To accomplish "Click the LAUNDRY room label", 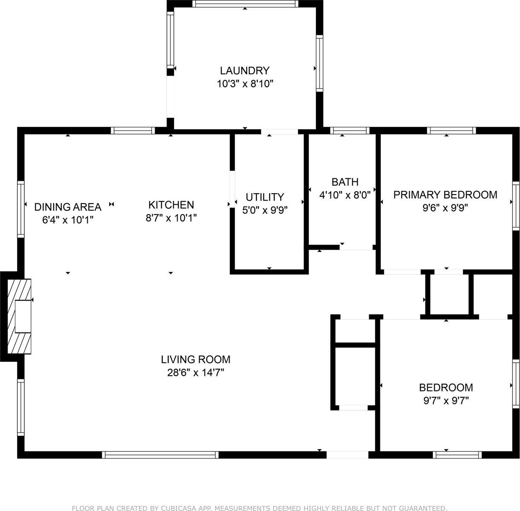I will [x=244, y=70].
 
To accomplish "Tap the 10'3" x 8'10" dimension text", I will [x=244, y=84].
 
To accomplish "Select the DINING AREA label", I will [x=68, y=207].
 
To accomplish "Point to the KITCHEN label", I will [x=171, y=205].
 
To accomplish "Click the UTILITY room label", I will [x=264, y=197].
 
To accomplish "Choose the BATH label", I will [x=345, y=182].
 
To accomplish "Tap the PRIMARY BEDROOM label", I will [x=445, y=195].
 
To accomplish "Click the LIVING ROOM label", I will [x=195, y=359].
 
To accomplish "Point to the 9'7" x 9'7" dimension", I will [x=446, y=401].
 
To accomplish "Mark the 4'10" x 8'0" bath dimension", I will [x=345, y=195].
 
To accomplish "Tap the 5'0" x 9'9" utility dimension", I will [x=264, y=210].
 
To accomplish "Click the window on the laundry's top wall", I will [x=245, y=4].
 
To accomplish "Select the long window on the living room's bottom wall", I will [x=161, y=455].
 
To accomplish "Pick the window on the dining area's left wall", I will [x=20, y=209].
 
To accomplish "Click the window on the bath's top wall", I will [x=350, y=130].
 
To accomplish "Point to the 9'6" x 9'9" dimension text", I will [x=445, y=208].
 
